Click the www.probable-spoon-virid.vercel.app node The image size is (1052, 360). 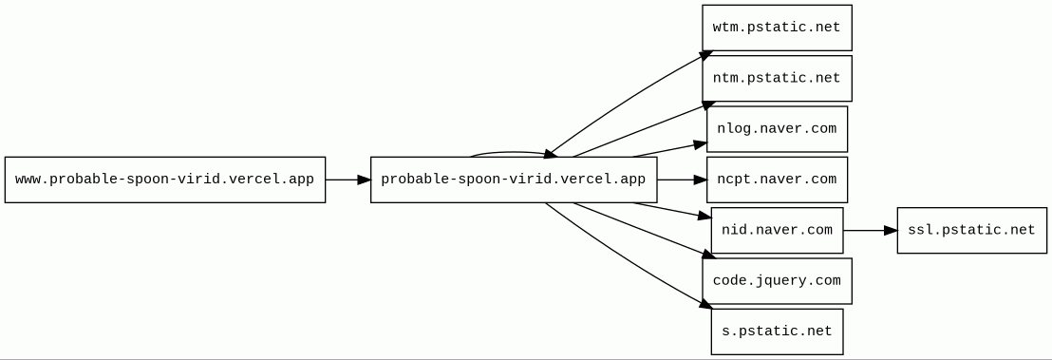[x=165, y=180]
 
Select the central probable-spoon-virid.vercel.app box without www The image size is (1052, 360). [x=514, y=180]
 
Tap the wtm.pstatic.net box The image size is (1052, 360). [x=777, y=28]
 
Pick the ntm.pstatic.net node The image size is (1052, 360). [x=777, y=79]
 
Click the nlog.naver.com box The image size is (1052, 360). [x=777, y=129]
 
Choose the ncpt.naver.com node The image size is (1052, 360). [x=777, y=180]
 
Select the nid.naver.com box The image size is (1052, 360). [x=777, y=231]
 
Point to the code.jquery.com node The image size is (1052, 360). [x=777, y=281]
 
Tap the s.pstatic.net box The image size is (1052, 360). [x=777, y=332]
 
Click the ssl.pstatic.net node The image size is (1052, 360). [x=972, y=231]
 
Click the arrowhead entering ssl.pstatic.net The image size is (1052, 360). [x=891, y=231]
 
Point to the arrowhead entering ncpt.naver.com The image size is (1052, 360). [x=701, y=180]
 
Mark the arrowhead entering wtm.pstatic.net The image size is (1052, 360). [x=706, y=54]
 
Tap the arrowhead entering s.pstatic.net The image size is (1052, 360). [x=705, y=304]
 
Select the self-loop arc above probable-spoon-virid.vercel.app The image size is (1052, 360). [x=514, y=153]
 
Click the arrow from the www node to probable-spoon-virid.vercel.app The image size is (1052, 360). [x=348, y=180]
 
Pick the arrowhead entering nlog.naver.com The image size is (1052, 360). [x=701, y=143]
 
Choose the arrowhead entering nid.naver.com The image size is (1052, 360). [x=704, y=217]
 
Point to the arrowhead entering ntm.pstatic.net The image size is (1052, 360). [x=709, y=105]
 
